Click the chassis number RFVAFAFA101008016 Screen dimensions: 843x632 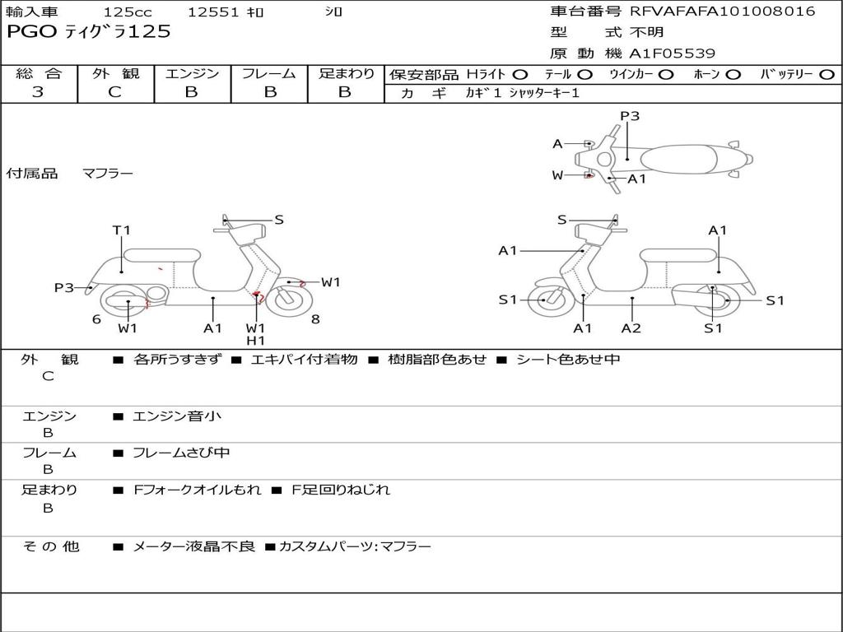(x=722, y=12)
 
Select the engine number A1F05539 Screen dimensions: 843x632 (x=672, y=53)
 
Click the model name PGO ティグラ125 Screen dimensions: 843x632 (x=89, y=32)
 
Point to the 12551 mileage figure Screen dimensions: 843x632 (x=213, y=12)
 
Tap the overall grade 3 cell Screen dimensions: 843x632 (x=38, y=92)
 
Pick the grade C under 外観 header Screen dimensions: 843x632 (x=115, y=92)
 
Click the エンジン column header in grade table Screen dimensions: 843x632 (x=192, y=73)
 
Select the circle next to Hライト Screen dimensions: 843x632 (x=519, y=74)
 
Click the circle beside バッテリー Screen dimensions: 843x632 (x=827, y=74)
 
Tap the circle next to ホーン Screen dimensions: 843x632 (x=733, y=74)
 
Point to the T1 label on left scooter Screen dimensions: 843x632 (x=122, y=230)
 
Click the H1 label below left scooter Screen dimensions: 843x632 (x=255, y=341)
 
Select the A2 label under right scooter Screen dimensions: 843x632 (x=631, y=328)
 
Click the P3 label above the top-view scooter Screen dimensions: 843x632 (x=630, y=116)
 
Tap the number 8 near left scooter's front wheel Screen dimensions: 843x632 (x=315, y=319)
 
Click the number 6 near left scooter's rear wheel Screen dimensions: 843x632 (x=96, y=319)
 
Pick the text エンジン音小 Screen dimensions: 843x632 (x=177, y=416)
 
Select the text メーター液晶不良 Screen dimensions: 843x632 (x=194, y=546)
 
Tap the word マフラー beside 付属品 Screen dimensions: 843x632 (x=107, y=174)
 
